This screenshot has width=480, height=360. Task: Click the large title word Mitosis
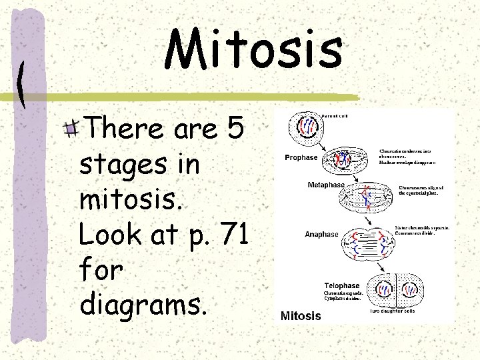(x=254, y=50)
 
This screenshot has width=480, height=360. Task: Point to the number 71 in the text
(x=236, y=234)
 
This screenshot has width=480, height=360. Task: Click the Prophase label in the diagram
(x=301, y=158)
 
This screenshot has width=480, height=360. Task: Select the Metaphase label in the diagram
(x=326, y=185)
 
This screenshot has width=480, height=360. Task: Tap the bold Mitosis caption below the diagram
(x=301, y=315)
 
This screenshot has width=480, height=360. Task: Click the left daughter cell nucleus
(x=385, y=290)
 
